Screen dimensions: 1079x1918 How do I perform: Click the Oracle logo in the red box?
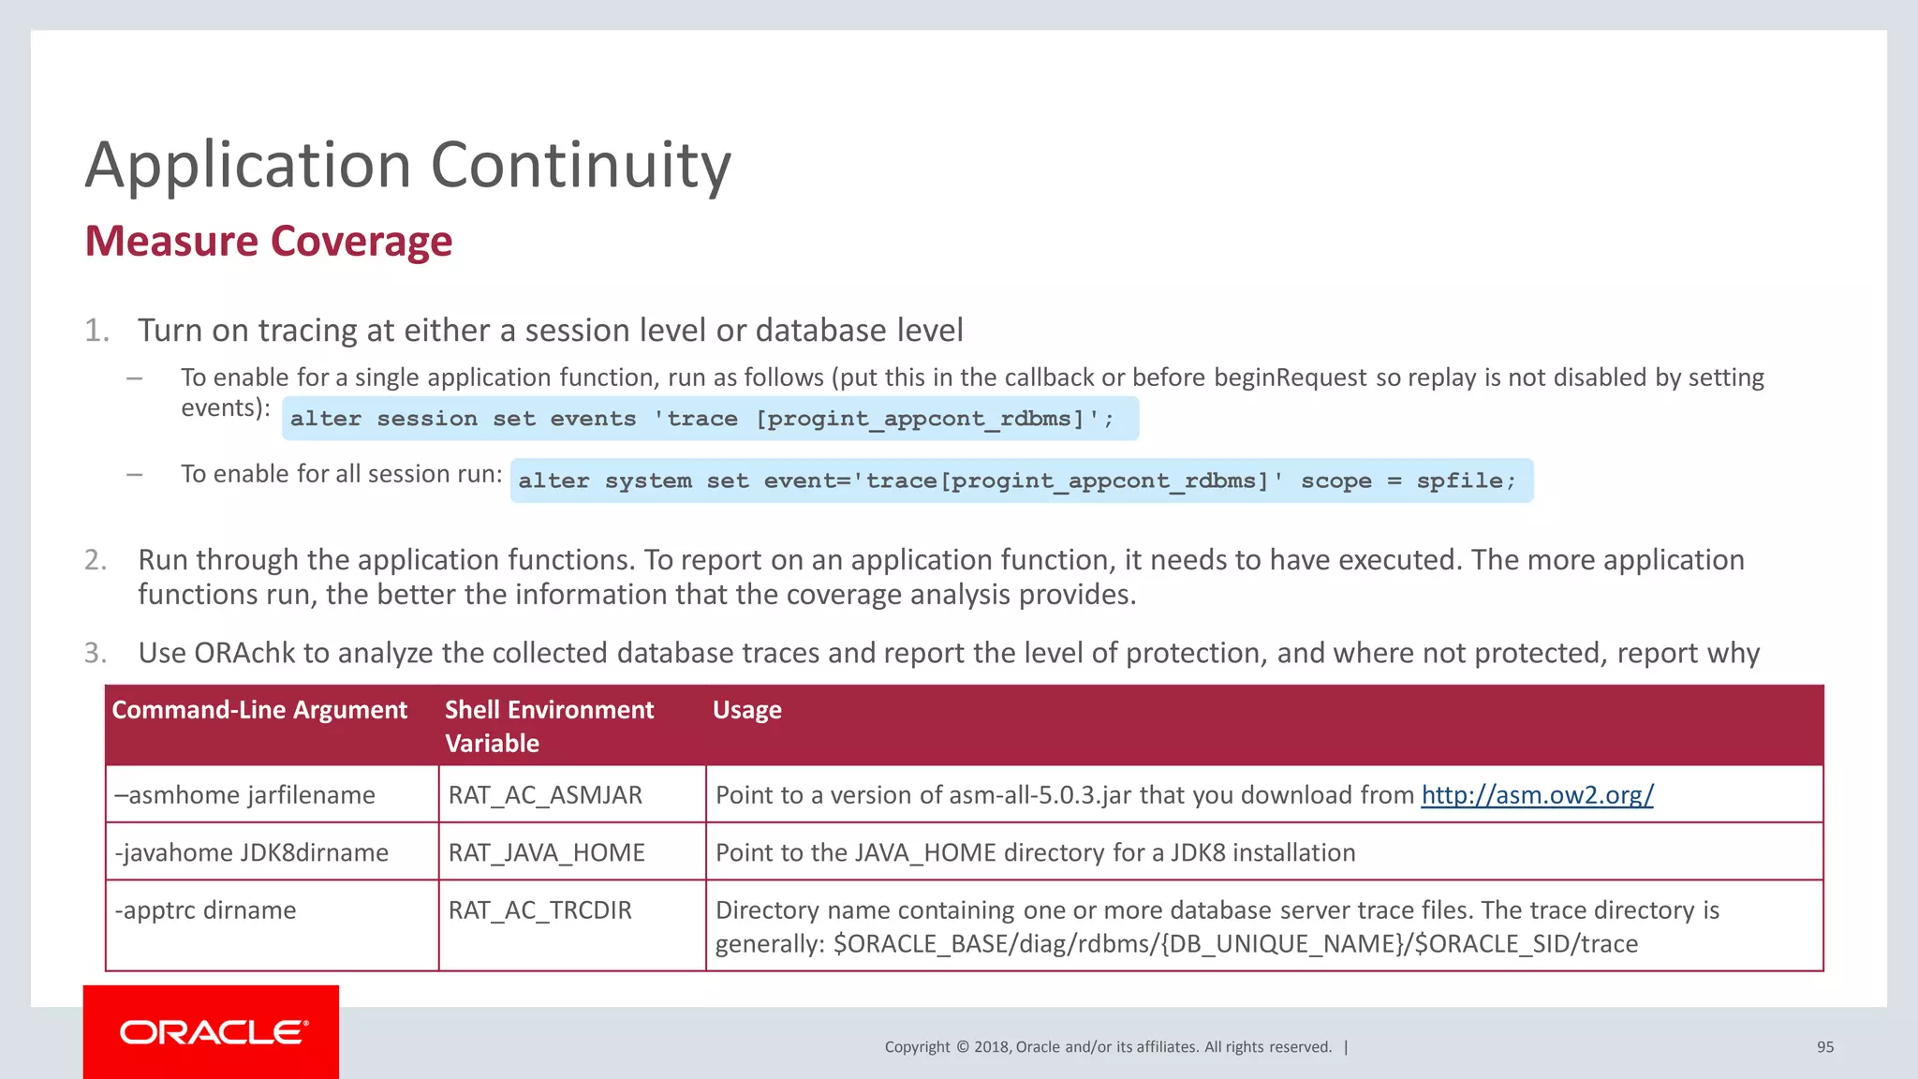[213, 1032]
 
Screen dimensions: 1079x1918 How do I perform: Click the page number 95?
[1824, 1047]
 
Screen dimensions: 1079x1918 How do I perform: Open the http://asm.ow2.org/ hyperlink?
[1537, 795]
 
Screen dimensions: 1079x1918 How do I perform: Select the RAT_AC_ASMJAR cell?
[545, 795]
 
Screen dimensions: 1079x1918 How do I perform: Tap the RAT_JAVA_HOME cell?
[546, 852]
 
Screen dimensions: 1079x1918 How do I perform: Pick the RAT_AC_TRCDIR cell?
[539, 910]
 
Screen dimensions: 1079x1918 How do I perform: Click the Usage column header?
[746, 710]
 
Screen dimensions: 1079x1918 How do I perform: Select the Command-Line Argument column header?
[259, 710]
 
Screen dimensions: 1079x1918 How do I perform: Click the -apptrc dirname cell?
[205, 910]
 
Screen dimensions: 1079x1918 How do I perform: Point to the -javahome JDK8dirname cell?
[251, 852]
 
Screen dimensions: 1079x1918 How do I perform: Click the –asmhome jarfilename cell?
[244, 795]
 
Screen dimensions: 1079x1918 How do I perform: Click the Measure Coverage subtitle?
[269, 241]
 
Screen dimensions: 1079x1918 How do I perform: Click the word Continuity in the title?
[580, 165]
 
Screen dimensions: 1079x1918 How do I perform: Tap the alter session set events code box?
[709, 419]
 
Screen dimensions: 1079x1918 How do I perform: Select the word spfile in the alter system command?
[1458, 480]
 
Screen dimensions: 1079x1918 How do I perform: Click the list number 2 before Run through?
[96, 560]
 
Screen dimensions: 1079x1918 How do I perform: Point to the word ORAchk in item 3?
[244, 653]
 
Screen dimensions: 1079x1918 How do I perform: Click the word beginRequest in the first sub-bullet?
[1290, 377]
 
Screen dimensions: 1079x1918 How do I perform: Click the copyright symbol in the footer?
[962, 1047]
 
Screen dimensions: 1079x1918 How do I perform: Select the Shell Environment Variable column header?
[549, 726]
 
